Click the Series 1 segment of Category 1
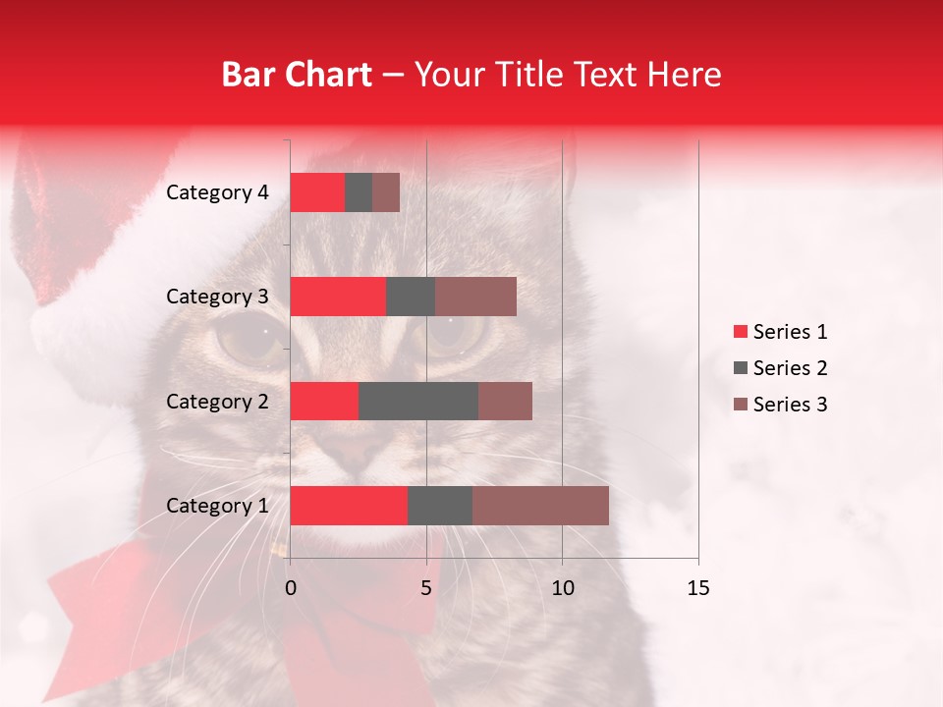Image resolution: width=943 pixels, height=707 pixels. [x=349, y=506]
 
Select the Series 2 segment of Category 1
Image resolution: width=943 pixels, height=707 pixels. [x=440, y=506]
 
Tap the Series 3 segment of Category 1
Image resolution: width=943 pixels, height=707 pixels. [x=540, y=506]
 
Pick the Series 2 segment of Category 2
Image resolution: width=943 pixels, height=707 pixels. [x=418, y=401]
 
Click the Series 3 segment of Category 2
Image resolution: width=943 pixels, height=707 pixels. [x=505, y=401]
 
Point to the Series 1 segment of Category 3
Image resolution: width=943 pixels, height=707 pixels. [x=338, y=297]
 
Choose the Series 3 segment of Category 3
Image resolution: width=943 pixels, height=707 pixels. [x=475, y=297]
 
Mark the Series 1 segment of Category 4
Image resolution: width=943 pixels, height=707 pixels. [x=317, y=192]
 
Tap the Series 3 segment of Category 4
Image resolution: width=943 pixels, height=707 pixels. [x=386, y=192]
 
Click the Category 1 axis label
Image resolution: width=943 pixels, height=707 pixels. [x=217, y=506]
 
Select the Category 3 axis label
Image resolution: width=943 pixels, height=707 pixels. [x=217, y=297]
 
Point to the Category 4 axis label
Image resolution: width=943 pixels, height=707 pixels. [x=217, y=192]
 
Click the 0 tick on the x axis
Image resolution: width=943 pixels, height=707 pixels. [x=291, y=588]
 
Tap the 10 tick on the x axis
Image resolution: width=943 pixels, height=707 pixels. [x=562, y=588]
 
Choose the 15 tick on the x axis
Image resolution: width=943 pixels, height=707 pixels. [x=698, y=588]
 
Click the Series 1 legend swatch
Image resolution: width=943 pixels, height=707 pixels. [x=740, y=332]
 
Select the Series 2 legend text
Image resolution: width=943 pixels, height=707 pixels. [x=791, y=368]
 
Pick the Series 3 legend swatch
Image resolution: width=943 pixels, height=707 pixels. [x=740, y=405]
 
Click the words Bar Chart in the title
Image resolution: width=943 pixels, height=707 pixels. [x=297, y=74]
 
